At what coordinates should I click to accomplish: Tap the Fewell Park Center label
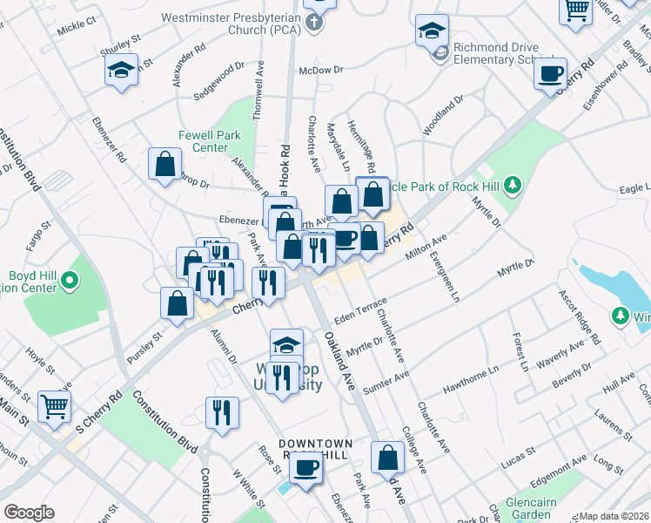coord(203,141)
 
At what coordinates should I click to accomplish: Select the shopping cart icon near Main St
coord(54,405)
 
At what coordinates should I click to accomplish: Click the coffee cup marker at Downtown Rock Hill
coord(305,468)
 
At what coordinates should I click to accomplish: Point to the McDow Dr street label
coord(321,70)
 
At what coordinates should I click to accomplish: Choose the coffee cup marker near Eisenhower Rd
coord(549,73)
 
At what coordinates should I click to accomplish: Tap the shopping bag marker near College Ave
coord(387,457)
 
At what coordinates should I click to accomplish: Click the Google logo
coord(29,513)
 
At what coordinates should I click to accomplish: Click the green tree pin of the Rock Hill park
coord(513,184)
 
